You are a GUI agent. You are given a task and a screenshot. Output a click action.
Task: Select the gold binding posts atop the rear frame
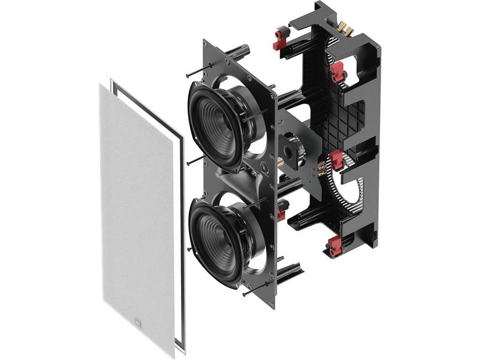(344, 29)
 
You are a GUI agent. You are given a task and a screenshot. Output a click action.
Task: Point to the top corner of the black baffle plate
(205, 42)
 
